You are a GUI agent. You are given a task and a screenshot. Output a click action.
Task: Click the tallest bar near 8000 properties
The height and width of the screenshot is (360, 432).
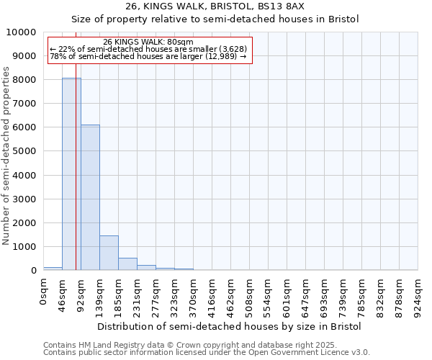point(71,174)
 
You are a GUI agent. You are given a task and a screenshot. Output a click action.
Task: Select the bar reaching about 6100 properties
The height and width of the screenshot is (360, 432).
point(90,197)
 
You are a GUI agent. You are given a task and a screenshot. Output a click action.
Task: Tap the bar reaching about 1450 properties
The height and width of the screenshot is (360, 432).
point(109,253)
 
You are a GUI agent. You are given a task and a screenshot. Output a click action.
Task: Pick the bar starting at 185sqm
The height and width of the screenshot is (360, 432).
point(127,264)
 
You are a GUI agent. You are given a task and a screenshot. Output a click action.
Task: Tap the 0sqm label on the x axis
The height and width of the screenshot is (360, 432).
point(44,291)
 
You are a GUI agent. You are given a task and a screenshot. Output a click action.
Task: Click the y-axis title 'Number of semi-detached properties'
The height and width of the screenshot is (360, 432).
point(6,156)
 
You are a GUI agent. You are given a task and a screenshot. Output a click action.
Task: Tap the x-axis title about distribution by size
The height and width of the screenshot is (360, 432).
point(230,326)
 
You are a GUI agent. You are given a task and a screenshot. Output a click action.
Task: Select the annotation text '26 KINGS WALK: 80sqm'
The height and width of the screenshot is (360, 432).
point(148,42)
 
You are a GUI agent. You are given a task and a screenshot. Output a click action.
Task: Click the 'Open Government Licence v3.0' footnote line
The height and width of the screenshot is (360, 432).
point(207,353)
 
